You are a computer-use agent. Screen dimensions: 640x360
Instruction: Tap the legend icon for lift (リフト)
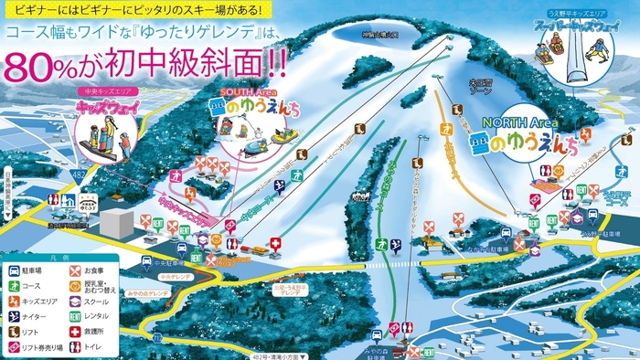point(16,332)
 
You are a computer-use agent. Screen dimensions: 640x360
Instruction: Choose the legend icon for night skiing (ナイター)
point(16,316)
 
